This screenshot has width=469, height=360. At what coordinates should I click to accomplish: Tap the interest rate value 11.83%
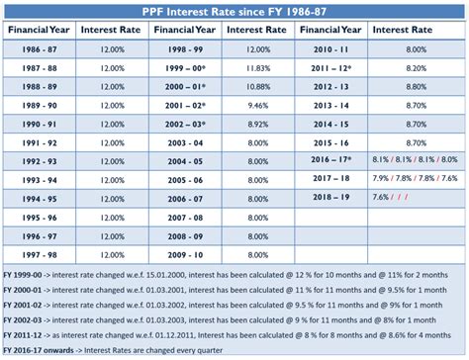tap(256, 66)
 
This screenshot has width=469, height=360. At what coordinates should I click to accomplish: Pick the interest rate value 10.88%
tap(256, 85)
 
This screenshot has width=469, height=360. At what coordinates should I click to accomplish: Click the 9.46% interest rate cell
tap(256, 104)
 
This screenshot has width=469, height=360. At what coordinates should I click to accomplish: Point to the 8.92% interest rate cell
tap(256, 123)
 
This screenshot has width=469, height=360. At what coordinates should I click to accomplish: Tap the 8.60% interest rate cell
tap(415, 66)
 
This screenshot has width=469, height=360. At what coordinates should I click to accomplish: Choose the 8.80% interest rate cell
tap(415, 85)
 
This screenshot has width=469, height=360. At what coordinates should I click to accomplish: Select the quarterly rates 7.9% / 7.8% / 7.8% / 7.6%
tap(415, 179)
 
